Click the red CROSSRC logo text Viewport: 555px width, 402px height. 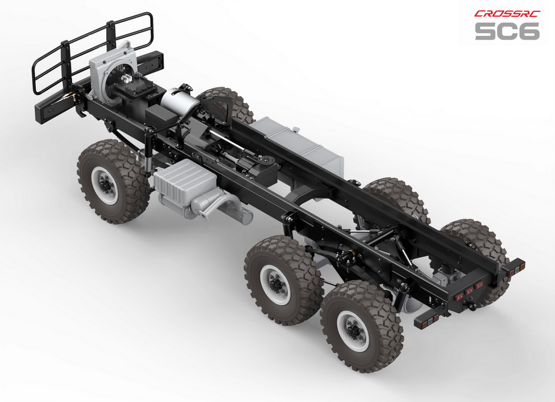pos(507,14)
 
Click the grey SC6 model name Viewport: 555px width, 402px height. pos(507,31)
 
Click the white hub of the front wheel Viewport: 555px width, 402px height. pos(105,184)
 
